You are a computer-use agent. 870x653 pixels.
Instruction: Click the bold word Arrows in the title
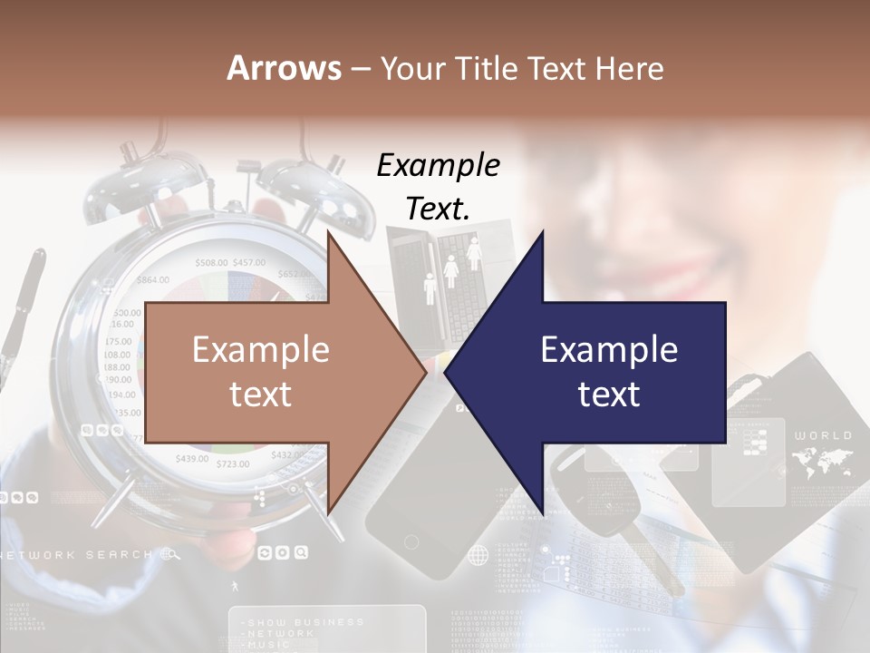[284, 68]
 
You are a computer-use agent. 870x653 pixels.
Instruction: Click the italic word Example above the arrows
[439, 165]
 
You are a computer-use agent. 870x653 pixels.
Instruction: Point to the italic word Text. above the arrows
[439, 209]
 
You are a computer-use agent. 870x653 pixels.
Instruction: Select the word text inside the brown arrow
[261, 395]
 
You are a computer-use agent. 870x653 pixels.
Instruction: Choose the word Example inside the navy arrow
[609, 350]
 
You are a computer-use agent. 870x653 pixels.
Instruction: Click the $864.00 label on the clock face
[152, 279]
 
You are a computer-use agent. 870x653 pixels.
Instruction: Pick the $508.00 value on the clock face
[211, 263]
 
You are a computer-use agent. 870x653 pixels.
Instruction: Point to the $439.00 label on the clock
[192, 458]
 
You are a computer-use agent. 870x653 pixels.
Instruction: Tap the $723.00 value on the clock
[233, 464]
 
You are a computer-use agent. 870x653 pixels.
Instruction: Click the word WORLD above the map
[823, 436]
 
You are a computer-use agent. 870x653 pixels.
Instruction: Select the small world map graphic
[823, 463]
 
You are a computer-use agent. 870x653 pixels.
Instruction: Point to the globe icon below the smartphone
[478, 555]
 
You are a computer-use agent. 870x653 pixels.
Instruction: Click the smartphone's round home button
[411, 542]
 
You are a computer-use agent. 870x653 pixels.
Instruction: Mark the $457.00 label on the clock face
[248, 263]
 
